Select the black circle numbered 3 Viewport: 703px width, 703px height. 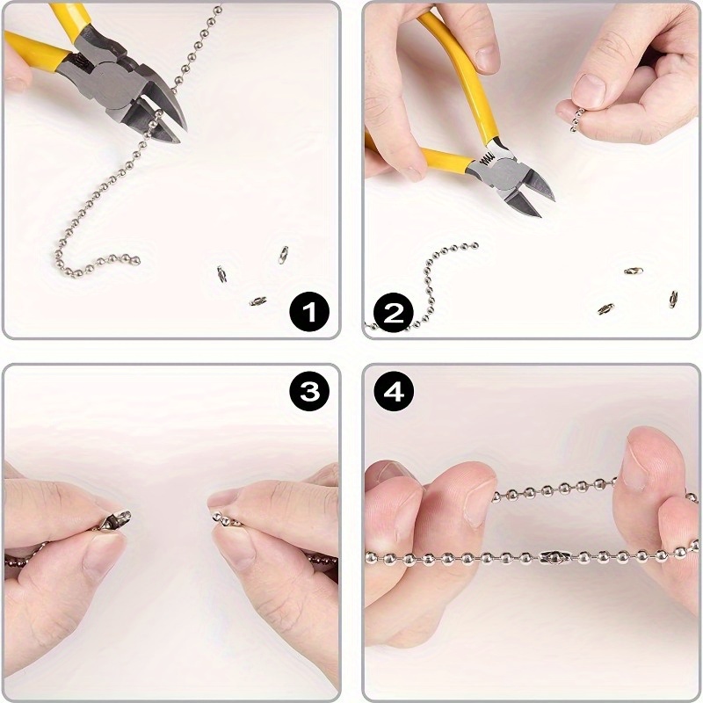point(308,392)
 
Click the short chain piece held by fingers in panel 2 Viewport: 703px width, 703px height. point(576,119)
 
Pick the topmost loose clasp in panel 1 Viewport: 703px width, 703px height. point(283,254)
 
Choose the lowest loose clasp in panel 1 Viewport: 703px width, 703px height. point(257,301)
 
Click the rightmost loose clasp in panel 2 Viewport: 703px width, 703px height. point(672,298)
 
